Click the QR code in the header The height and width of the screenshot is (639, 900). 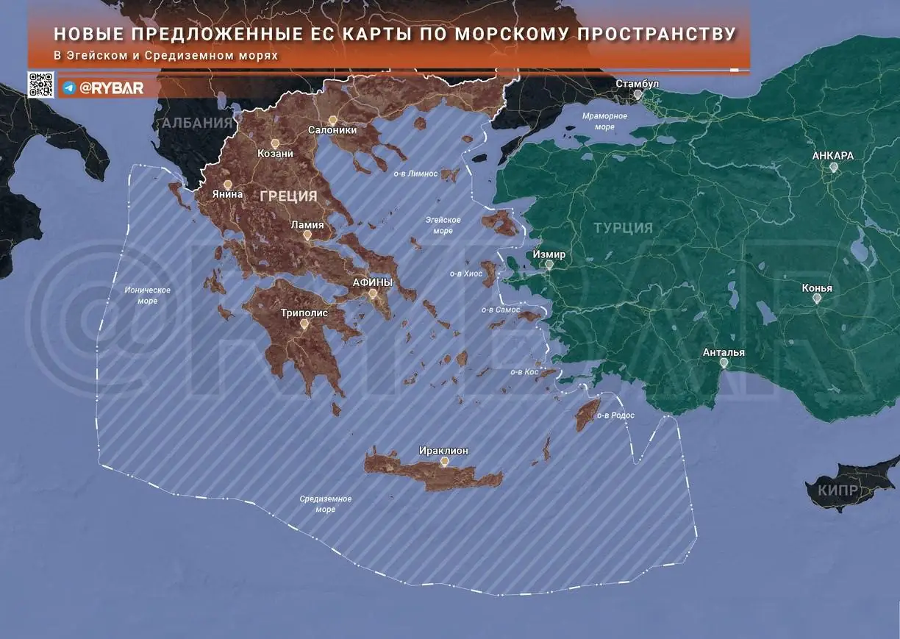point(41,85)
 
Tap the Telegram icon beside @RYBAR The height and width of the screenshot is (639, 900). point(69,88)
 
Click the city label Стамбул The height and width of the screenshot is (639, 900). point(637,84)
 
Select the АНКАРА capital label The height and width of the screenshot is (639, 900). point(833,156)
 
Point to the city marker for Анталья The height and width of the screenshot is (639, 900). point(724,363)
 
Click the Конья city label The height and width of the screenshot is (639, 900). point(817,288)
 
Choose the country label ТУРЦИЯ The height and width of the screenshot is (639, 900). point(623,228)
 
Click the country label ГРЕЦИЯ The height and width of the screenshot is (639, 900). point(288,196)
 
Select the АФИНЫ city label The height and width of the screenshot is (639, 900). point(373,282)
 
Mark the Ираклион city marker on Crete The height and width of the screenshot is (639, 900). point(444,461)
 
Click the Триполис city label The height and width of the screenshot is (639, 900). point(304,312)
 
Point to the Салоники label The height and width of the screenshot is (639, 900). point(332,130)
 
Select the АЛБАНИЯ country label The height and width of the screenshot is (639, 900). point(197,122)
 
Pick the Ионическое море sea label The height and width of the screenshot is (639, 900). point(147,295)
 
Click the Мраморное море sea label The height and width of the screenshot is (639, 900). point(604,121)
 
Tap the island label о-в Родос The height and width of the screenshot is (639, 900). point(615,415)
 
